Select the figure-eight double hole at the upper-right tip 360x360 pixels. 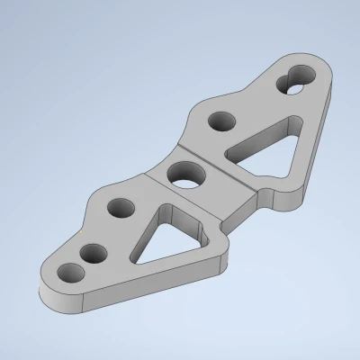point(294,80)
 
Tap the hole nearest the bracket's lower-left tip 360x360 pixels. point(66,271)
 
